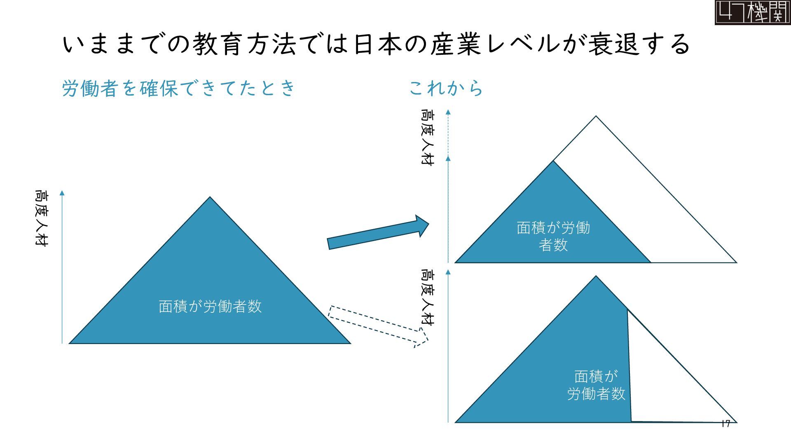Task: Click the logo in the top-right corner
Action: tap(752, 12)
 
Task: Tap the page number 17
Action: tap(726, 424)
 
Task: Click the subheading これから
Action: tap(446, 88)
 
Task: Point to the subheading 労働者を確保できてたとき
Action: tap(178, 88)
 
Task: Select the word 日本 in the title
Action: tap(378, 44)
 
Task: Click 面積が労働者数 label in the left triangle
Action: tap(210, 307)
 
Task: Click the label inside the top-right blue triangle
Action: tap(553, 236)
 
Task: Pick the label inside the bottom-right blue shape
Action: tap(596, 385)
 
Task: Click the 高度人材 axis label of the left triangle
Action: tap(41, 218)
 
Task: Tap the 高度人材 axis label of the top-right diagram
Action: tap(427, 137)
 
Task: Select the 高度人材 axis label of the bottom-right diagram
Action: tap(427, 297)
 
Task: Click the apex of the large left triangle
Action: tap(210, 198)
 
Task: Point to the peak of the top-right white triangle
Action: tap(596, 117)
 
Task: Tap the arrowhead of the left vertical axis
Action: tap(62, 193)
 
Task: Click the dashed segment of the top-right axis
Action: tap(448, 134)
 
